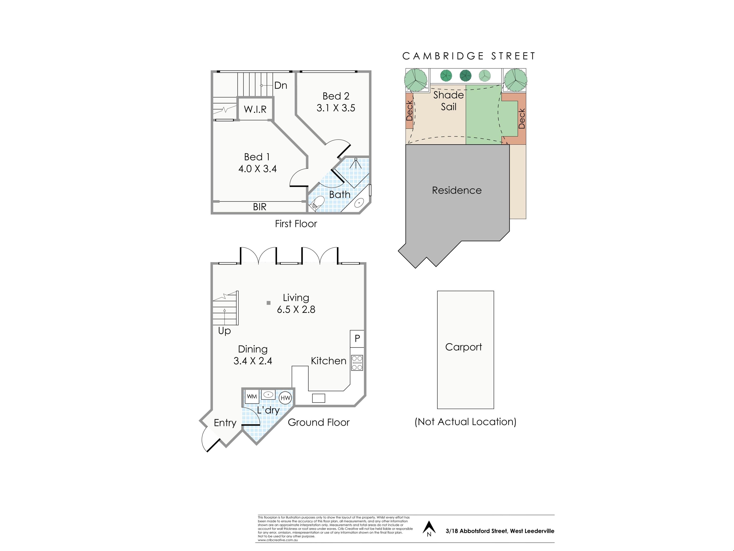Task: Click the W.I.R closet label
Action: (x=255, y=109)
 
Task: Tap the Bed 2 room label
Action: (x=336, y=96)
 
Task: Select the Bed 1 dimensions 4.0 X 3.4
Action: (x=257, y=169)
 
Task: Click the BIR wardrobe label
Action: (x=260, y=207)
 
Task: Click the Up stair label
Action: (x=224, y=331)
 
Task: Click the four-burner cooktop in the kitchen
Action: (x=357, y=363)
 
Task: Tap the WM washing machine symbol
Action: (x=252, y=397)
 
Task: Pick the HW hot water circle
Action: (x=285, y=398)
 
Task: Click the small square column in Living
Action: (x=268, y=303)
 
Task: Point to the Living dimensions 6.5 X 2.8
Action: (x=296, y=310)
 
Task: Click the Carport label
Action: (x=464, y=347)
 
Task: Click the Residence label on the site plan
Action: (x=457, y=190)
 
